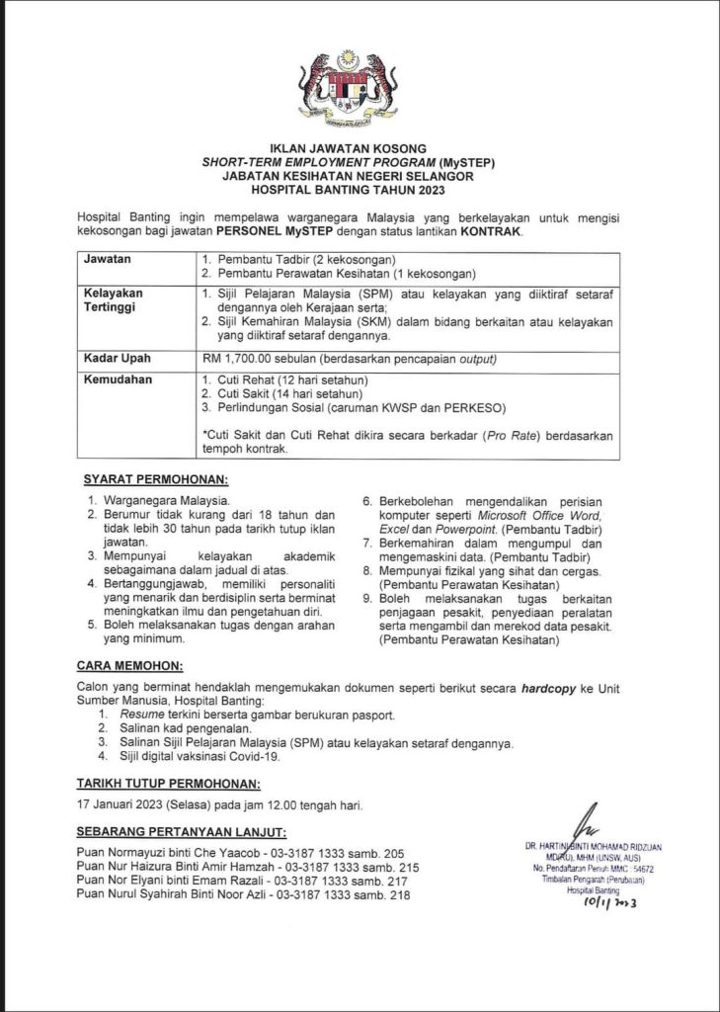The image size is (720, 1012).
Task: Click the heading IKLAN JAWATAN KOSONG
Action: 360,148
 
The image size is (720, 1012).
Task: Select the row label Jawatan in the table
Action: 110,259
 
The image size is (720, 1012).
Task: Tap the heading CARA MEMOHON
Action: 129,666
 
